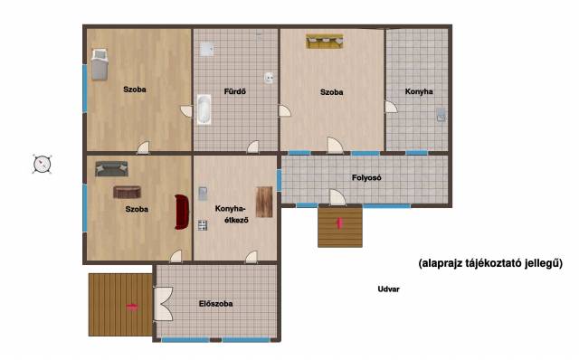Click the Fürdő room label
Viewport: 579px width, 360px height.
click(x=235, y=91)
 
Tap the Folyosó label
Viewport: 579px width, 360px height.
click(x=366, y=177)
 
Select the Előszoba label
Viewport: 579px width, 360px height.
click(x=215, y=304)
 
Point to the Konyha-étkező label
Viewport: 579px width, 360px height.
click(x=232, y=214)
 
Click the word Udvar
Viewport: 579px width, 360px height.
click(x=388, y=289)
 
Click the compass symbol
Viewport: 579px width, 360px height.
click(x=42, y=164)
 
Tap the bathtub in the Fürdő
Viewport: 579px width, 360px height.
click(x=204, y=109)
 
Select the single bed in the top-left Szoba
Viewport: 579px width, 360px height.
click(x=100, y=64)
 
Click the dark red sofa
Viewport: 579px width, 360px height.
click(x=182, y=213)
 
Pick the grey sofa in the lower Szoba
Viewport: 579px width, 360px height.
click(x=111, y=169)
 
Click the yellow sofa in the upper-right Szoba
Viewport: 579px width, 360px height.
click(x=325, y=42)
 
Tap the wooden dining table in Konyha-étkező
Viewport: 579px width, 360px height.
click(x=264, y=202)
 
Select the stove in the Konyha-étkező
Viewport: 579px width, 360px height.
click(x=203, y=225)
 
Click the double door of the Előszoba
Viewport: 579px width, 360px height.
click(x=163, y=304)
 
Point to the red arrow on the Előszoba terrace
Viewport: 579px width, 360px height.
click(x=132, y=307)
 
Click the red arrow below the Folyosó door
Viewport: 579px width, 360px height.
click(x=339, y=223)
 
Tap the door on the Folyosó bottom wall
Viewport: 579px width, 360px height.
click(x=337, y=197)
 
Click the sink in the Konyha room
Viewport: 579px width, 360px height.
click(x=441, y=115)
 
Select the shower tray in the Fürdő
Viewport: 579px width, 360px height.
click(x=206, y=49)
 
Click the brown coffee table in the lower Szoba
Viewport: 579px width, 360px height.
click(x=127, y=192)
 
